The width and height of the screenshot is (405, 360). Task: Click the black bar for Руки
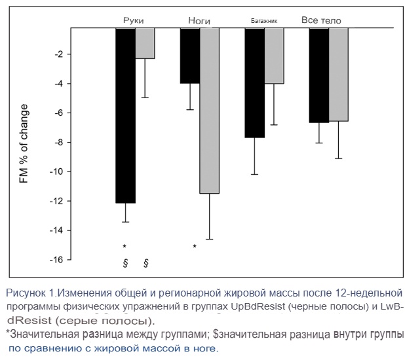tap(125, 115)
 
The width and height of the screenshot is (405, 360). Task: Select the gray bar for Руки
tap(145, 43)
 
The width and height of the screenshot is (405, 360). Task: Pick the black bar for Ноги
tap(189, 56)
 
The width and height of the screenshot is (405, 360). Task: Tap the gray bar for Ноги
tap(209, 111)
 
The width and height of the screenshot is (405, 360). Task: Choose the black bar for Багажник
tap(254, 82)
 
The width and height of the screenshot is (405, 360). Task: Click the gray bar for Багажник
tap(274, 56)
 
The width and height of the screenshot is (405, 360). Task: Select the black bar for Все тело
tap(318, 75)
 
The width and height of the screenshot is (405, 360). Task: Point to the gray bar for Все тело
tap(338, 75)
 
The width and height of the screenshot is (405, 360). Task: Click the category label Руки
tap(134, 21)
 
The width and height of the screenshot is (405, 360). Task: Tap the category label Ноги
tap(199, 21)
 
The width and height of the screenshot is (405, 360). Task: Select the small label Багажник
tap(264, 21)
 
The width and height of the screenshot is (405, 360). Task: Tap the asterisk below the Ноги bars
tap(195, 247)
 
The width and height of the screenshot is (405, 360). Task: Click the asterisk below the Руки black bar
tap(125, 247)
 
